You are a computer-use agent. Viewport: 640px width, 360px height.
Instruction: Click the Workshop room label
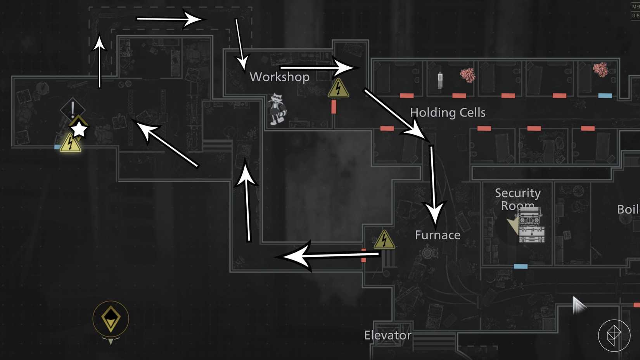(x=279, y=77)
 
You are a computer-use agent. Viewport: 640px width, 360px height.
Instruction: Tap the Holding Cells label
(x=448, y=112)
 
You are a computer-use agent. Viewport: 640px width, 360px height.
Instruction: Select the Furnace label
(x=438, y=235)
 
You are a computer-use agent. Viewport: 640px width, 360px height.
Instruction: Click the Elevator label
(x=387, y=335)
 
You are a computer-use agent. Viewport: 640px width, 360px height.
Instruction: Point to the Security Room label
(x=517, y=198)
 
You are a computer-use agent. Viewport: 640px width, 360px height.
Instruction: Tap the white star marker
(x=79, y=129)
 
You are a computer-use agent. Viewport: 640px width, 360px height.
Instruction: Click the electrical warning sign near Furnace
(x=384, y=240)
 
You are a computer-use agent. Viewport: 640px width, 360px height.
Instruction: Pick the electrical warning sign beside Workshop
(x=338, y=89)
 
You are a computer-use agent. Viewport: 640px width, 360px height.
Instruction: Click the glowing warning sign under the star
(x=70, y=143)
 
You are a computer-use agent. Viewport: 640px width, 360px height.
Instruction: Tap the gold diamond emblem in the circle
(x=111, y=318)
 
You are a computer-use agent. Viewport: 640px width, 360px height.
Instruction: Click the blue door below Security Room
(x=521, y=267)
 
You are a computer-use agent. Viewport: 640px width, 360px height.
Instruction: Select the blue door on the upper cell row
(x=605, y=95)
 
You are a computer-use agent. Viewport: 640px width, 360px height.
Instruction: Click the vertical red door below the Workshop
(x=334, y=107)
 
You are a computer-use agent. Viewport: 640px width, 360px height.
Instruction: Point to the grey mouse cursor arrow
(x=578, y=305)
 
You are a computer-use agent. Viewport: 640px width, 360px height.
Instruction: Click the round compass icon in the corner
(x=614, y=335)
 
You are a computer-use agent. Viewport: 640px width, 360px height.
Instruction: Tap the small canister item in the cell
(x=440, y=80)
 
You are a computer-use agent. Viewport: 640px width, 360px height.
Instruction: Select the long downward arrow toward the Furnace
(x=433, y=186)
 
